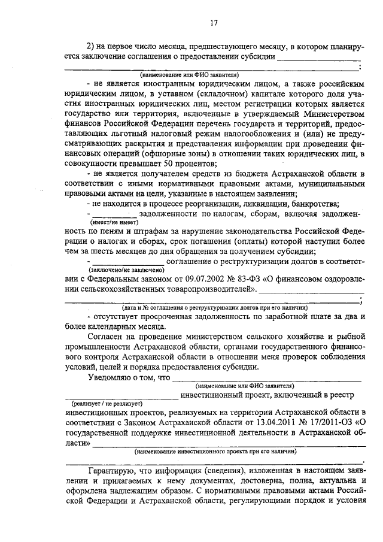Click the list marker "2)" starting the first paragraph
click(92, 47)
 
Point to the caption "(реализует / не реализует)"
click(103, 404)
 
